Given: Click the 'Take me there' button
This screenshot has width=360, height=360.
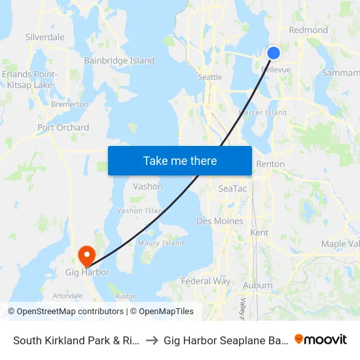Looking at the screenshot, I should click(x=180, y=160).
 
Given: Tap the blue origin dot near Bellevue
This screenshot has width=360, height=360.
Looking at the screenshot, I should click(x=274, y=54).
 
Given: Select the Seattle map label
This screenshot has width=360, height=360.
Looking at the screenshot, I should click(x=210, y=77).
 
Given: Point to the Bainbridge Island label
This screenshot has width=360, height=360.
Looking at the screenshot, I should click(x=119, y=61).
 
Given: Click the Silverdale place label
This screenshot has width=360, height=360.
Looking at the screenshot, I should click(x=45, y=37).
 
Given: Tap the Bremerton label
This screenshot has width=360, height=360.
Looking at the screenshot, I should click(x=70, y=104).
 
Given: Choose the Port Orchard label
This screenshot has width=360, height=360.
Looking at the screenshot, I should click(x=63, y=128).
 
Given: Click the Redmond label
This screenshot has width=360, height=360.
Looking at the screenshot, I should click(x=308, y=30).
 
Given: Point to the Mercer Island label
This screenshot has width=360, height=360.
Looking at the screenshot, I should click(x=263, y=113).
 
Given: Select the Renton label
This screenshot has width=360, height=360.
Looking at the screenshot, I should click(x=270, y=164).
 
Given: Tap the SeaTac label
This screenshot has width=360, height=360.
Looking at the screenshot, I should click(x=232, y=188).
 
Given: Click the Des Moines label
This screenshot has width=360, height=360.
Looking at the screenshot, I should click(x=220, y=221).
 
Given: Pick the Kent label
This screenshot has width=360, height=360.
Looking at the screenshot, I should click(x=259, y=232).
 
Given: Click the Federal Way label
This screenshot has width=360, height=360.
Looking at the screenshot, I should click(x=206, y=281).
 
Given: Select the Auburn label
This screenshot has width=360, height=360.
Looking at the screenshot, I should click(x=257, y=285).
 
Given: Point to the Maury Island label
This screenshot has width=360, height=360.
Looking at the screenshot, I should click(x=161, y=243).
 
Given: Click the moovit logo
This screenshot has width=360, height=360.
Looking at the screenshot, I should click(x=321, y=339).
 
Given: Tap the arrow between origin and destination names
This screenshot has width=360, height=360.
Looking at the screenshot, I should click(x=151, y=340).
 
